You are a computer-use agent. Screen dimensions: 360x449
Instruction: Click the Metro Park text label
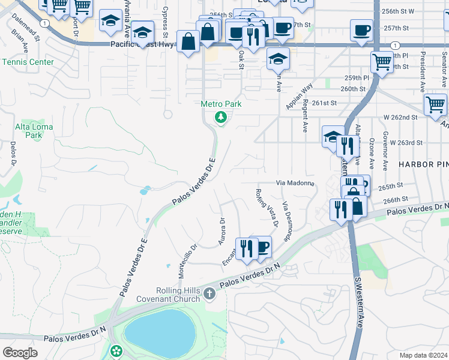[221, 104]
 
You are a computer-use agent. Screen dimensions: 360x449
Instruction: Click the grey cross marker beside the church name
[209, 294]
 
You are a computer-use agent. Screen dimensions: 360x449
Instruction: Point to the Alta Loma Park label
[34, 131]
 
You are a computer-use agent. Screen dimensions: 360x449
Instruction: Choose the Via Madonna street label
[295, 182]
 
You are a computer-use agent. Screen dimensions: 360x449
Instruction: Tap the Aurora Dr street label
[221, 231]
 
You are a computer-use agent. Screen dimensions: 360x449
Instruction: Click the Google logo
[20, 353]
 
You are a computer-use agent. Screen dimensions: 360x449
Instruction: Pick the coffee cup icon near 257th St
[361, 30]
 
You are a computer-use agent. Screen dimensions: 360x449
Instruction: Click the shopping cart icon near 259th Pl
[381, 61]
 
